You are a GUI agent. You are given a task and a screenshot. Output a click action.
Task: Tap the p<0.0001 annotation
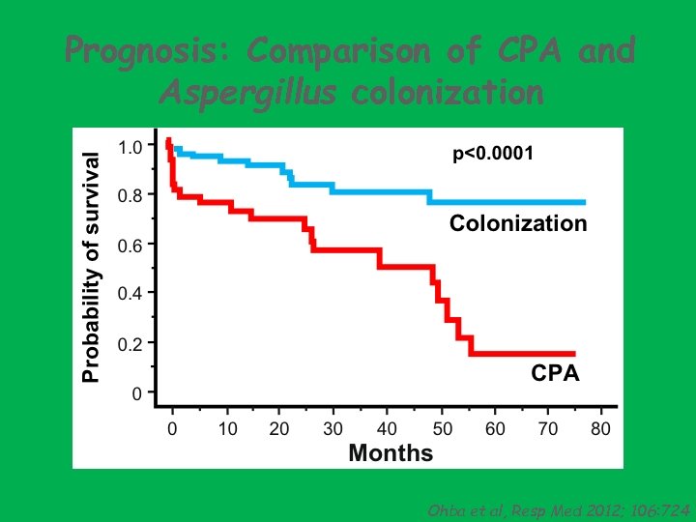click(493, 154)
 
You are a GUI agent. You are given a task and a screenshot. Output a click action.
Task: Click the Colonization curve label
click(518, 224)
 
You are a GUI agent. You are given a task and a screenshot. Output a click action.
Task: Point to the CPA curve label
click(556, 373)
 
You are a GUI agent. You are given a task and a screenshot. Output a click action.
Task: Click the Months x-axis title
click(391, 452)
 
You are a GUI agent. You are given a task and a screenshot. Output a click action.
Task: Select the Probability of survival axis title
click(90, 267)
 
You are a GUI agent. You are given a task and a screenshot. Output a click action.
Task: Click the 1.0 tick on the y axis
click(130, 147)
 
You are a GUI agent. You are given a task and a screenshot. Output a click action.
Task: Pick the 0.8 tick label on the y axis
click(130, 195)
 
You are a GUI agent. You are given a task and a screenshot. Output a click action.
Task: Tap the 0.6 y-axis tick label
click(130, 246)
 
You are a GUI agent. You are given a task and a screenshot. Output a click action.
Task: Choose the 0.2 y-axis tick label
click(130, 343)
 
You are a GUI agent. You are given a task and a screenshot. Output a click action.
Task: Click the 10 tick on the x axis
click(226, 429)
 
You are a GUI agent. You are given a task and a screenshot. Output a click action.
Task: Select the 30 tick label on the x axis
click(333, 429)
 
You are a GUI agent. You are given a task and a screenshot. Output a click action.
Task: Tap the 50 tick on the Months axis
click(440, 429)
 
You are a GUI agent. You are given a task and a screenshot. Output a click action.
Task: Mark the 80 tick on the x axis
click(600, 429)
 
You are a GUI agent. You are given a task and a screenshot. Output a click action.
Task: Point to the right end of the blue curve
click(584, 202)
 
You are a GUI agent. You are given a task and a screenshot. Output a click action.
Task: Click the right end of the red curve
click(573, 354)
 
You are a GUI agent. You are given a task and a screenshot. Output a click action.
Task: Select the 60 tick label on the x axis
click(493, 429)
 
